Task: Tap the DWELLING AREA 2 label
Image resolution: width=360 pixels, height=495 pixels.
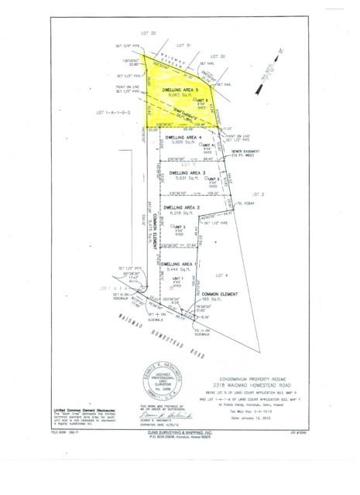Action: click(x=182, y=207)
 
